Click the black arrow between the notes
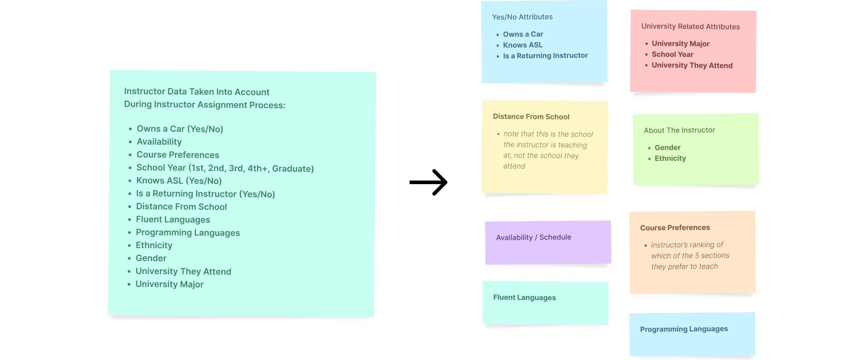click(x=428, y=182)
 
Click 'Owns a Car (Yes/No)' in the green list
click(x=180, y=129)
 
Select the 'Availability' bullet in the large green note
click(x=159, y=142)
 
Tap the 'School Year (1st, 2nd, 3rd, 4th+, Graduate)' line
click(x=225, y=168)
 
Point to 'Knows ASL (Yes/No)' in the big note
click(x=179, y=181)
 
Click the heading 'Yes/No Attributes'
click(x=522, y=17)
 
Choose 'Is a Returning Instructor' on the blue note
click(x=545, y=56)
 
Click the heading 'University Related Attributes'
click(x=690, y=26)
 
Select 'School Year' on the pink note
click(x=672, y=54)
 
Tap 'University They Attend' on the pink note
click(x=692, y=65)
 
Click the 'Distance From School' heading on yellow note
click(x=531, y=117)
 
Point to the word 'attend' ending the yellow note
click(x=514, y=166)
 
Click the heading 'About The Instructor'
click(x=679, y=130)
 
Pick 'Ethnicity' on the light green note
click(x=670, y=158)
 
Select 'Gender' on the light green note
click(x=668, y=147)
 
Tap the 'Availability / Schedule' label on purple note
click(x=533, y=237)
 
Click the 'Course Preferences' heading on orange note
click(x=675, y=228)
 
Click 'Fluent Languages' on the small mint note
click(x=524, y=297)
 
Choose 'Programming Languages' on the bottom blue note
click(x=684, y=329)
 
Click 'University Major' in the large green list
click(x=169, y=284)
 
